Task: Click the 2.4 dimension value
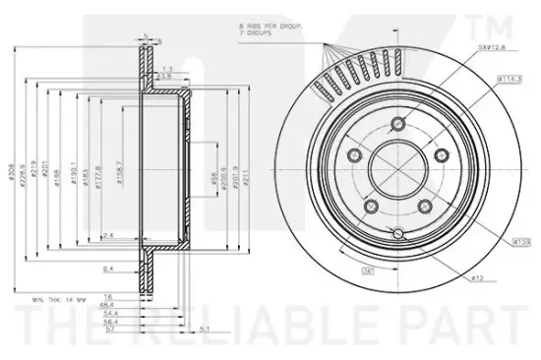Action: [x=108, y=235]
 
